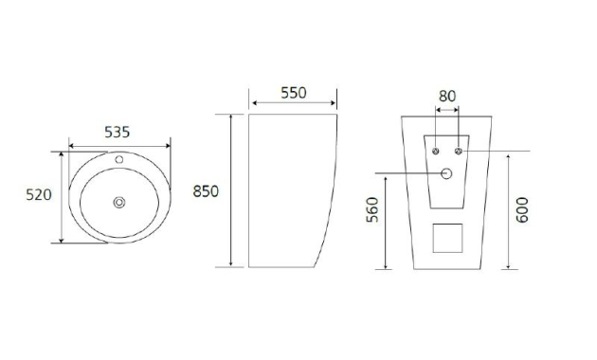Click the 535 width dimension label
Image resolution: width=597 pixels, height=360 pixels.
[x=118, y=132]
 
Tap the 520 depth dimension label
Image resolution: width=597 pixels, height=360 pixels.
[x=39, y=195]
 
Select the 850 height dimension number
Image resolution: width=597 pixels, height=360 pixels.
[x=206, y=191]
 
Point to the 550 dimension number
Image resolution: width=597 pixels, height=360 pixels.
[x=294, y=93]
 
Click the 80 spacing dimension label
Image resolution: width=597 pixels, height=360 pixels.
[x=447, y=97]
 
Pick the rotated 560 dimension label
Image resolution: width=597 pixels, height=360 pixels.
[x=372, y=209]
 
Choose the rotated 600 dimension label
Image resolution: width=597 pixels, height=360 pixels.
[x=522, y=209]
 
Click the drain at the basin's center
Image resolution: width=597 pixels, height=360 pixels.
[x=119, y=203]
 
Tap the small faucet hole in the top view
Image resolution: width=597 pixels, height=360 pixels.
[x=119, y=159]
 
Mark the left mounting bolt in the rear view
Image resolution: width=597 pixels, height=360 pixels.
[x=436, y=151]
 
